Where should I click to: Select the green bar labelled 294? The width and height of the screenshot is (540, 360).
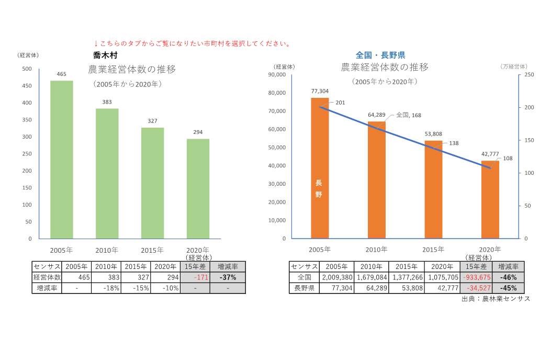pos(198,188)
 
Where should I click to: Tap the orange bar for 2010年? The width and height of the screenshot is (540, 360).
pos(376,180)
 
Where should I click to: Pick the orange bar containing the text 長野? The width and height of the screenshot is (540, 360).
pos(320,168)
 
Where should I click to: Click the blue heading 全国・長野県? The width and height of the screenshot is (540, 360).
pos(380,55)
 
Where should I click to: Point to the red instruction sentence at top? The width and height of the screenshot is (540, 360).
pos(192,43)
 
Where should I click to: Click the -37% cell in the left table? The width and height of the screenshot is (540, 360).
pos(228,277)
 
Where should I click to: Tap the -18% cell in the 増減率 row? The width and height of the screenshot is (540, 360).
pos(106,288)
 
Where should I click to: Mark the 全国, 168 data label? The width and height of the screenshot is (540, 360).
pos(408,115)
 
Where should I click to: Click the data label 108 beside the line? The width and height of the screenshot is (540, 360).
pos(508,158)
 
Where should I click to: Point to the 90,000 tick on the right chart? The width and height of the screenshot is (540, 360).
pos(277,75)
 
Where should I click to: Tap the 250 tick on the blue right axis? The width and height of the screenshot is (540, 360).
pos(530,75)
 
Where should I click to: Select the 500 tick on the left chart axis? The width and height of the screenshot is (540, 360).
pos(27,69)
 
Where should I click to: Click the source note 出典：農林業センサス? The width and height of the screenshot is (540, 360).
pos(496,299)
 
